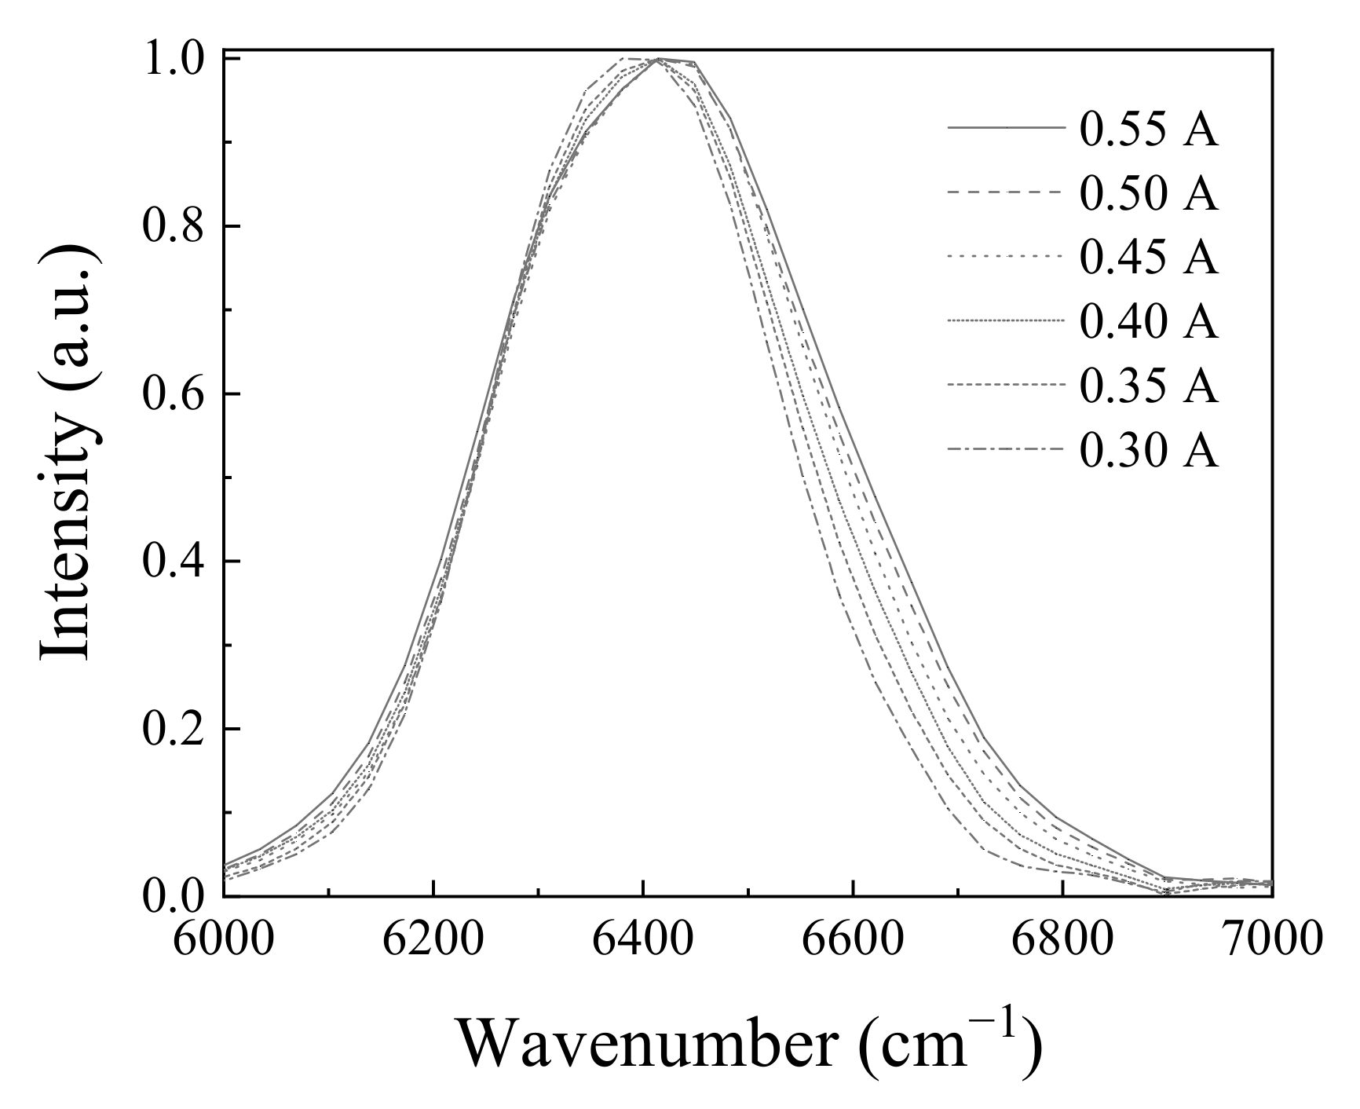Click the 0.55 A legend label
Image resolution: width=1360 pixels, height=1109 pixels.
(x=1149, y=130)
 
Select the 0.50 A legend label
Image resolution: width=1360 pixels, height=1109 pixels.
(x=1149, y=194)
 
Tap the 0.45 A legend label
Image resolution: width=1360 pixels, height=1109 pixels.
(x=1149, y=258)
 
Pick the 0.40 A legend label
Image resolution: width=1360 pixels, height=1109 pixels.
(x=1149, y=322)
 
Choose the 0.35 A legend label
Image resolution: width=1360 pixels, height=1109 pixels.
(x=1149, y=386)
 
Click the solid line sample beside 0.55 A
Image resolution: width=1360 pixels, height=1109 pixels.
(x=1007, y=127)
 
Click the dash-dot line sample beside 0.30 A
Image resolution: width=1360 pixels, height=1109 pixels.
(x=1007, y=450)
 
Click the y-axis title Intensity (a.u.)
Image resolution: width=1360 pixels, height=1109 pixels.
(x=68, y=453)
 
